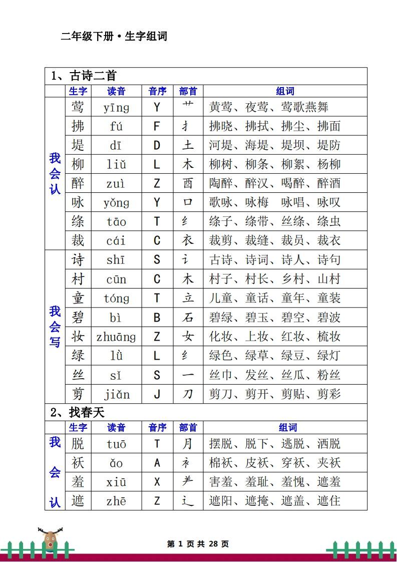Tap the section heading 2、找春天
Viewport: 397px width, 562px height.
(x=78, y=412)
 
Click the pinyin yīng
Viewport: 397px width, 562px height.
(x=116, y=107)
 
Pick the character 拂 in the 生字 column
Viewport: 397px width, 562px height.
(x=78, y=126)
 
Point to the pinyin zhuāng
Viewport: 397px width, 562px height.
(x=116, y=337)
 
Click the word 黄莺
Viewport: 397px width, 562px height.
(x=221, y=107)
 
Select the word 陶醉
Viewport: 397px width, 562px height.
(x=221, y=183)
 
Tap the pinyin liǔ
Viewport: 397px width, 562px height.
(x=116, y=164)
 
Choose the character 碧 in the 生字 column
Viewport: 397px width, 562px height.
(x=78, y=318)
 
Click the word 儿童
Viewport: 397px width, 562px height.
(x=221, y=299)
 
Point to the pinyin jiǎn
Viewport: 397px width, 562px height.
(x=116, y=394)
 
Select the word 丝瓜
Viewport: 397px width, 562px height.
(x=293, y=375)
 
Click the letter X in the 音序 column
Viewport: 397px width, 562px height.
(x=157, y=482)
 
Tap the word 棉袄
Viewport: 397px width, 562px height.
(x=221, y=463)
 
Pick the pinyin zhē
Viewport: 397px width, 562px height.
(x=116, y=501)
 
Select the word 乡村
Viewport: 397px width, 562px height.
(x=293, y=279)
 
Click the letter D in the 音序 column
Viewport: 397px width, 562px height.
(x=157, y=145)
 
